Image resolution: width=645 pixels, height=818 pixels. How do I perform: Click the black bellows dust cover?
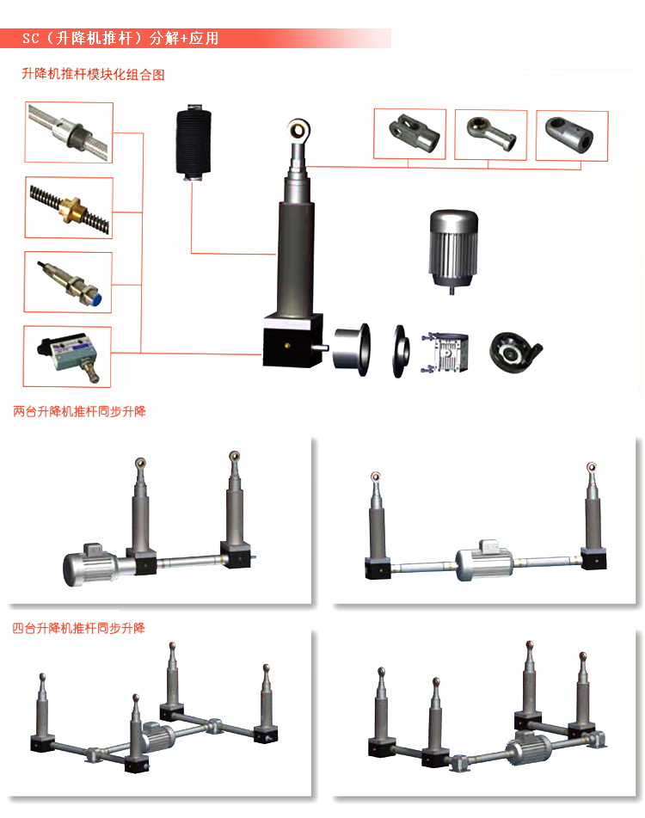(193, 142)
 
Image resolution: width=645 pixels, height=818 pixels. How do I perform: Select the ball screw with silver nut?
(70, 132)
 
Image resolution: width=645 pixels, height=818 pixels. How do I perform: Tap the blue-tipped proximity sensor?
(70, 283)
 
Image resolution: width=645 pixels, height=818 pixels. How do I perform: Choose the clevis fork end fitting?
(414, 132)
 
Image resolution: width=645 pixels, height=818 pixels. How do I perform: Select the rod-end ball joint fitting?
(491, 133)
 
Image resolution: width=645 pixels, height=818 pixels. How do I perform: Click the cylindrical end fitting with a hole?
(568, 133)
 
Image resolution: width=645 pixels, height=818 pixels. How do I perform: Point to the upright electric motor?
(453, 251)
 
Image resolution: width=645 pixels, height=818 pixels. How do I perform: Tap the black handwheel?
(514, 352)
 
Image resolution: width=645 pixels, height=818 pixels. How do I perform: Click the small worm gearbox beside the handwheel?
(445, 352)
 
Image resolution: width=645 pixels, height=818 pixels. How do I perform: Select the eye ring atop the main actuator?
(298, 128)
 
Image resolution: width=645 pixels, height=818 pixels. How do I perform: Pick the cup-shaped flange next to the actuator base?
(352, 348)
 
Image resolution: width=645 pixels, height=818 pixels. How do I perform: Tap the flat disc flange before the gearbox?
(400, 351)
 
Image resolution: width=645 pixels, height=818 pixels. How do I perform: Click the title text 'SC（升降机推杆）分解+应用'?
(120, 39)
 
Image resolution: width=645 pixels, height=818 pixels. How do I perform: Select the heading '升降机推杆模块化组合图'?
(93, 74)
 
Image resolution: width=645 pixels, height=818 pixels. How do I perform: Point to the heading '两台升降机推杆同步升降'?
(79, 412)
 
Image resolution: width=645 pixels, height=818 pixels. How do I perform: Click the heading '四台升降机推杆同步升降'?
(79, 628)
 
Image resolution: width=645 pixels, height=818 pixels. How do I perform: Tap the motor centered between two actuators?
(484, 562)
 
